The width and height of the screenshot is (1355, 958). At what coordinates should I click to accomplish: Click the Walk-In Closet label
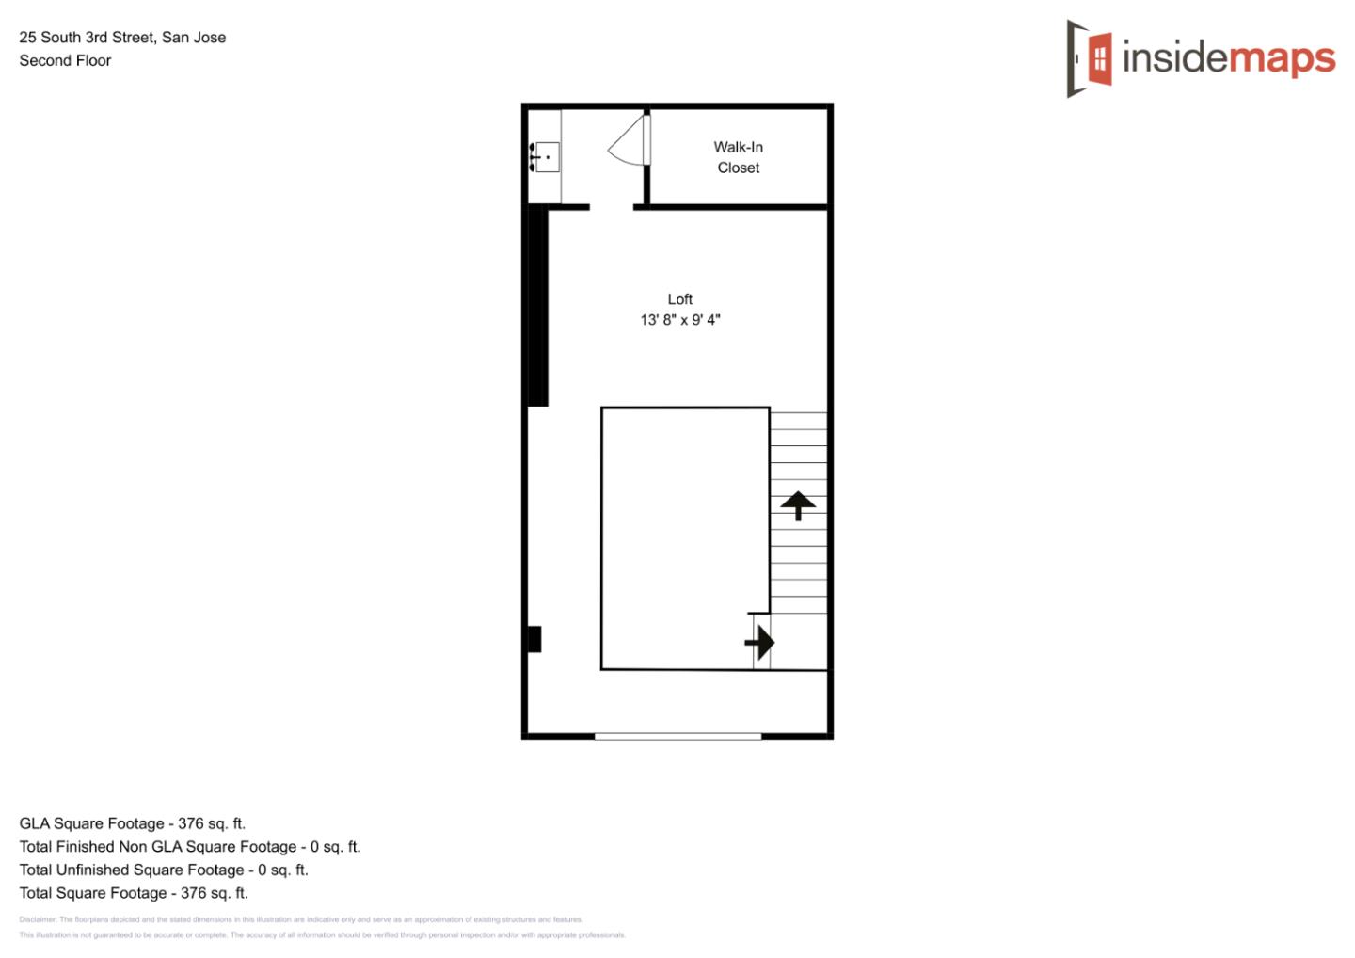click(x=738, y=157)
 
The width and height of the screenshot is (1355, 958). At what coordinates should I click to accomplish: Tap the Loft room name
click(x=679, y=299)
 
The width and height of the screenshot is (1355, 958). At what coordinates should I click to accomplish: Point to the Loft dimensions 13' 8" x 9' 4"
click(x=679, y=320)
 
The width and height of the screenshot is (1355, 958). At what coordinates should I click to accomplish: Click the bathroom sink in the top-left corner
click(x=545, y=157)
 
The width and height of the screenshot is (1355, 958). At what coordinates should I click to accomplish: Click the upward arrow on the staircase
click(x=798, y=505)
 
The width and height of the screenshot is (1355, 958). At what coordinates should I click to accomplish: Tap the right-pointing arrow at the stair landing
click(x=759, y=643)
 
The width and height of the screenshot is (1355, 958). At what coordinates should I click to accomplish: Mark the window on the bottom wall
click(x=677, y=736)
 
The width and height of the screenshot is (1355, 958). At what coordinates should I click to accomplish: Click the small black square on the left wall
click(x=534, y=639)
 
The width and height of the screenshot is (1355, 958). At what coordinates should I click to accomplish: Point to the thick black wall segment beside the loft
click(x=537, y=306)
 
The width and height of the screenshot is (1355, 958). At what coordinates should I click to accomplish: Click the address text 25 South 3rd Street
click(x=122, y=38)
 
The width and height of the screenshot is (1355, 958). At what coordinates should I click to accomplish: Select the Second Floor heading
click(x=65, y=60)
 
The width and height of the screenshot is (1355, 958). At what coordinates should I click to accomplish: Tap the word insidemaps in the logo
click(x=1229, y=58)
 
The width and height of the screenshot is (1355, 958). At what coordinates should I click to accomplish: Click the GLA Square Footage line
click(x=132, y=823)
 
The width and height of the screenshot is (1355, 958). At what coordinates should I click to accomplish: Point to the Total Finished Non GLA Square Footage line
click(x=189, y=847)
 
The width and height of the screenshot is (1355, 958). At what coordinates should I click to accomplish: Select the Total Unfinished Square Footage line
click(x=163, y=870)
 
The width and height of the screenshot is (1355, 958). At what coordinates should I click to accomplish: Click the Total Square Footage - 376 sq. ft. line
click(x=133, y=893)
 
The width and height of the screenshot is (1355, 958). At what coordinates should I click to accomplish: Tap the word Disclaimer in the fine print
click(x=38, y=919)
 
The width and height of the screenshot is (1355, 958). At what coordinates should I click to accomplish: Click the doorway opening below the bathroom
click(x=611, y=207)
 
